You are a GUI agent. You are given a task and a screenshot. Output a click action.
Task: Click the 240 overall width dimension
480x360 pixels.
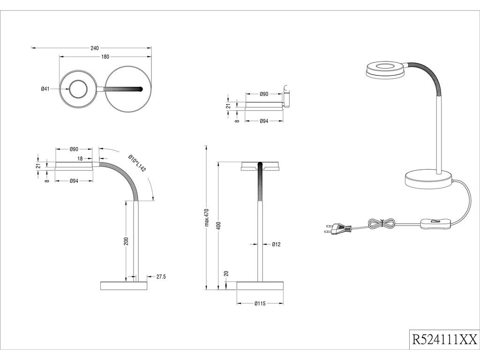[94, 48]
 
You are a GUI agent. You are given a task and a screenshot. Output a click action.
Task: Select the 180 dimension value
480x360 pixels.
[105, 57]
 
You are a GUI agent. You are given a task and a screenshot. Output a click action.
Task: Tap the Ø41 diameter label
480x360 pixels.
[45, 89]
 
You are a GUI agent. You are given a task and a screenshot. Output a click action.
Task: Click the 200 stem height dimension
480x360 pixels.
[126, 241]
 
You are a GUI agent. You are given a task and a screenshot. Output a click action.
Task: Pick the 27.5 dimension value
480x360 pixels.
[161, 277]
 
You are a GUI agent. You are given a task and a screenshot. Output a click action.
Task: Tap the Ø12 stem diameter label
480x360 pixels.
[277, 244]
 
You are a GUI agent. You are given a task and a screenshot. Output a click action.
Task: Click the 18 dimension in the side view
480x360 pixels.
[80, 159]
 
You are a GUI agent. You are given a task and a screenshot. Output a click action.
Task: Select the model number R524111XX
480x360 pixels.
[444, 339]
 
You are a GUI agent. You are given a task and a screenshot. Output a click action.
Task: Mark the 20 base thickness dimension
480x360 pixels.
[226, 273]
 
